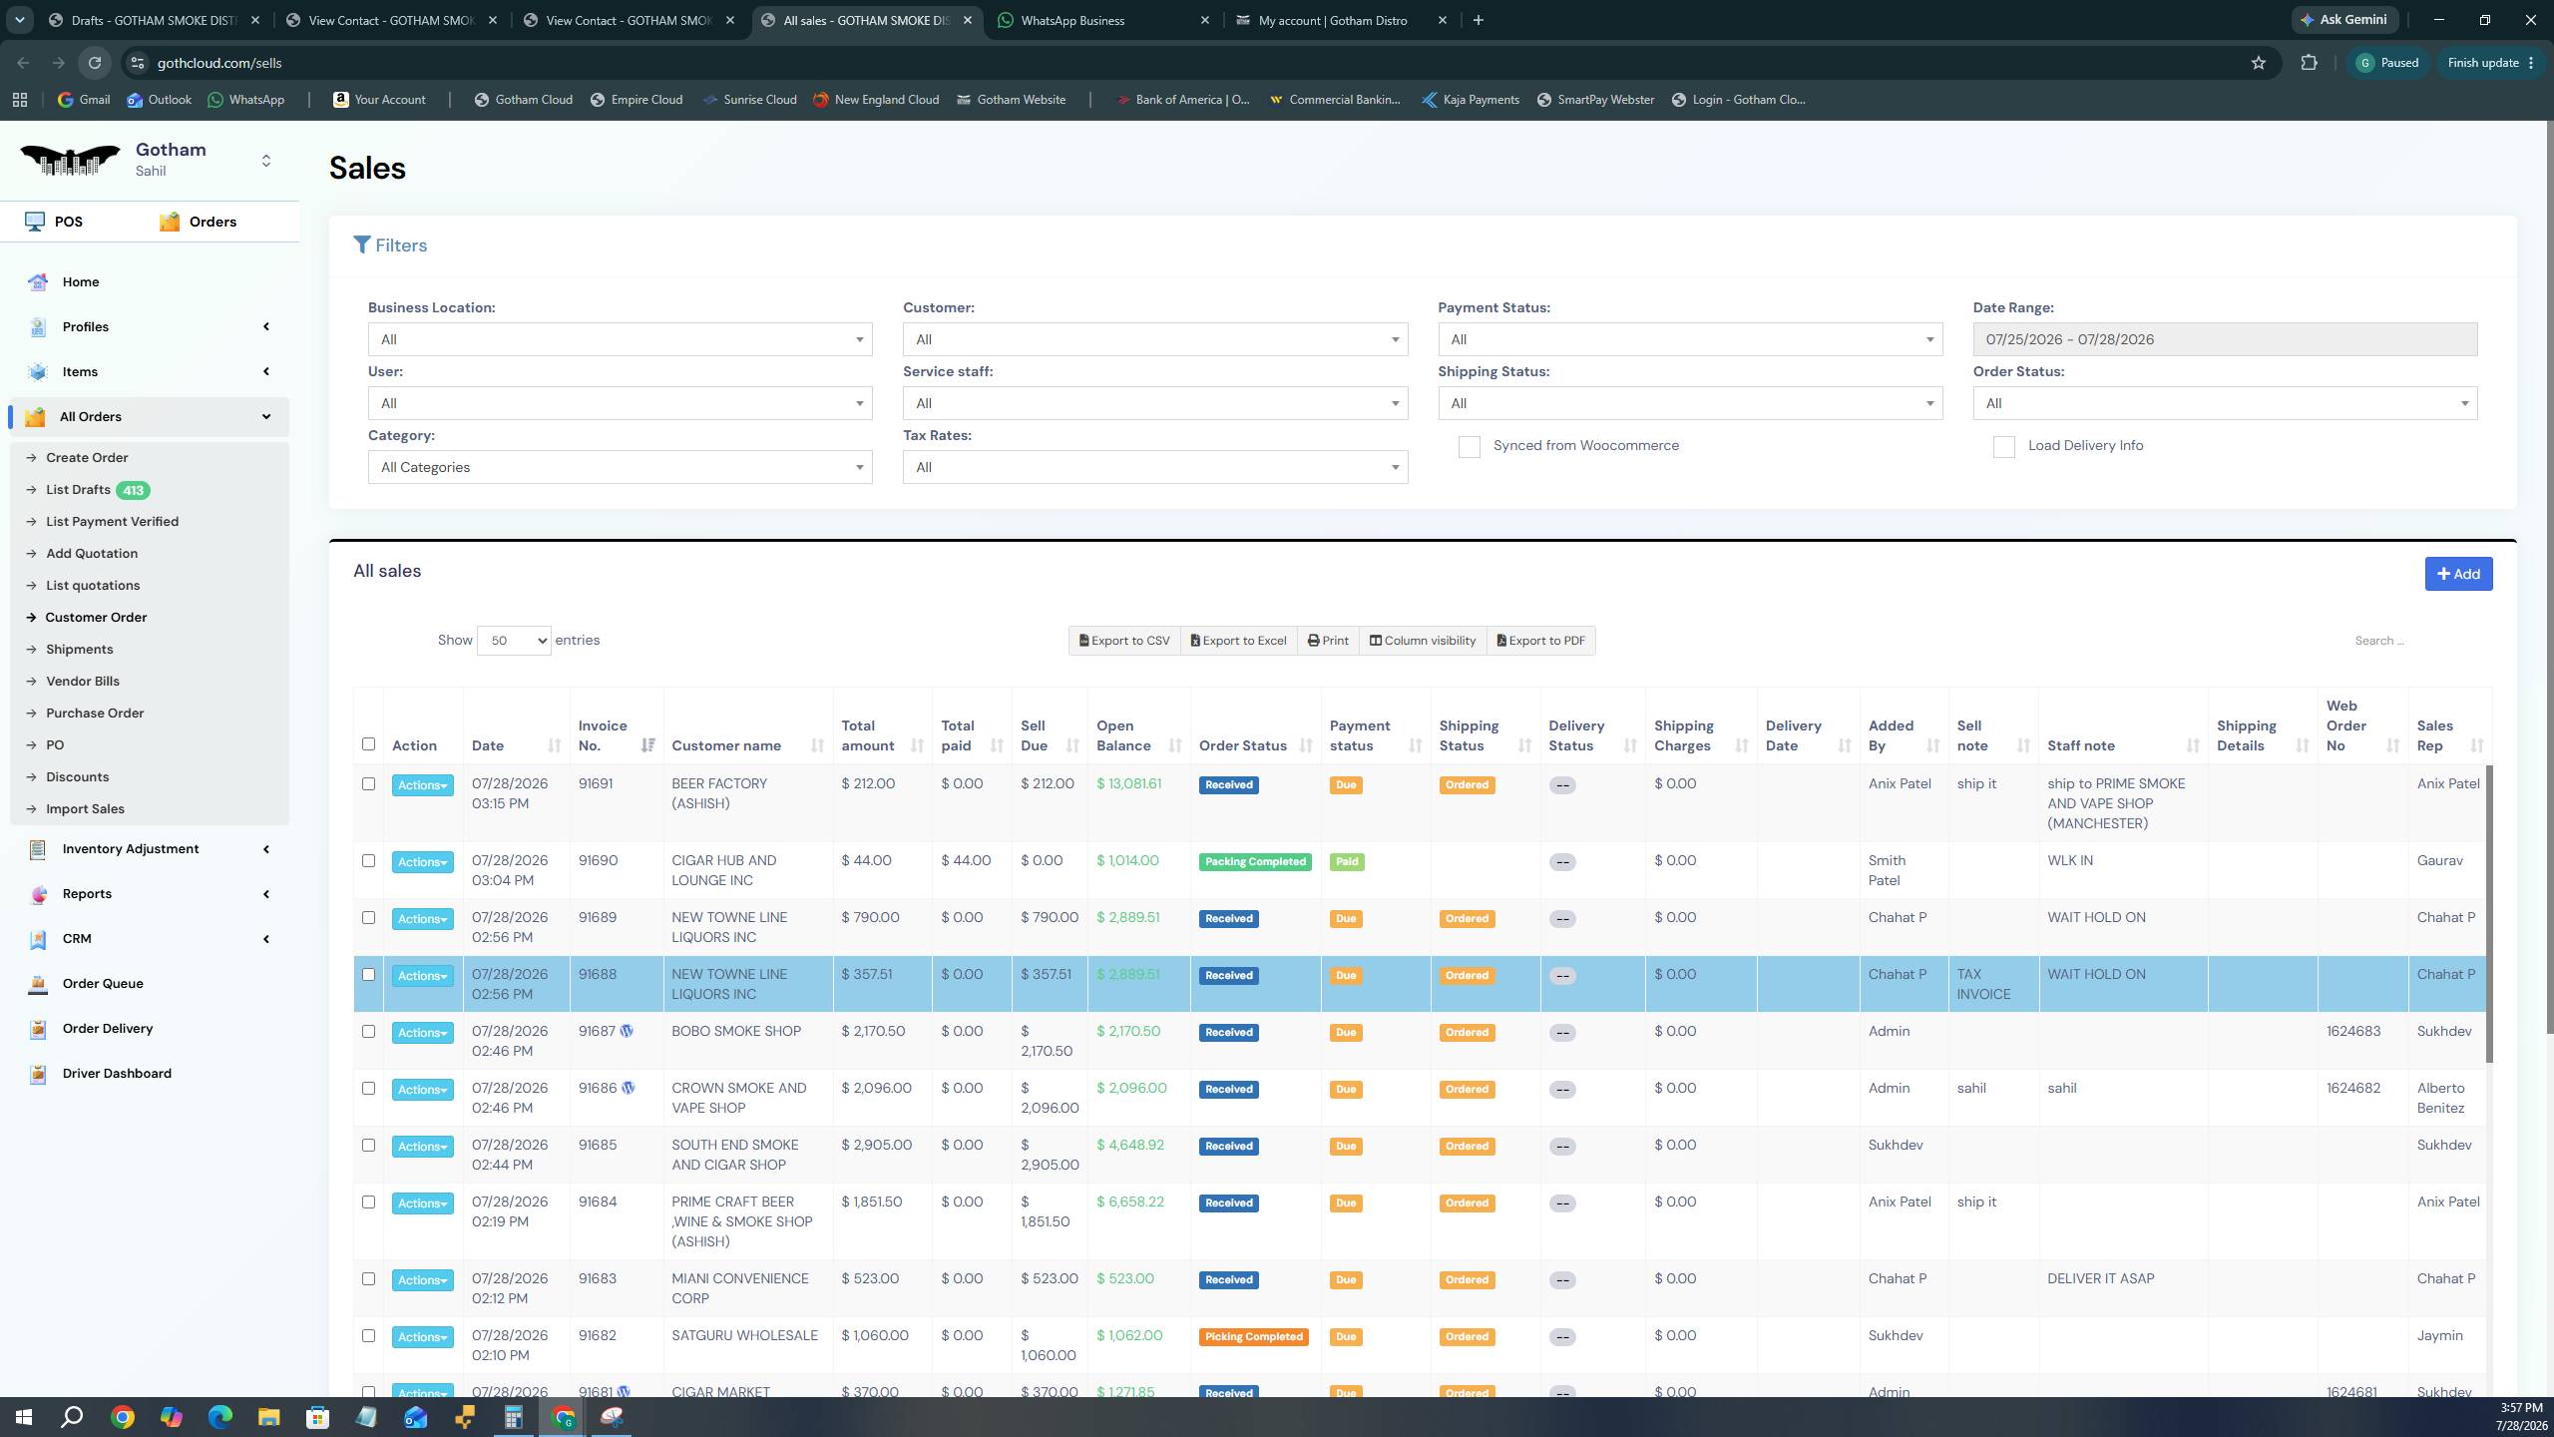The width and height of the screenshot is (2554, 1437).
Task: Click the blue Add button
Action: pos(2458,574)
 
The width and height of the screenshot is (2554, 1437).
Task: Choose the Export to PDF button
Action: pos(1541,641)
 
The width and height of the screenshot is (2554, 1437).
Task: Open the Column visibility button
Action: pos(1423,641)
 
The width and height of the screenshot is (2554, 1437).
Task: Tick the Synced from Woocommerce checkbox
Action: pos(1469,447)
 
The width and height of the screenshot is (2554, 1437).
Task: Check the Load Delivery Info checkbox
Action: pos(2003,447)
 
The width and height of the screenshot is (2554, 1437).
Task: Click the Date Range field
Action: pos(2225,339)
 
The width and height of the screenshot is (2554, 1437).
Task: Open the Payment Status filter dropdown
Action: pos(1690,339)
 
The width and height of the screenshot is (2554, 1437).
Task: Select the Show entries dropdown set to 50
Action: pos(514,641)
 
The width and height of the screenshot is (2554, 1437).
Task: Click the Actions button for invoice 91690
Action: pos(422,862)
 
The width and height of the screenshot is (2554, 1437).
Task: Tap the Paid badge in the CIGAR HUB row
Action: pos(1347,862)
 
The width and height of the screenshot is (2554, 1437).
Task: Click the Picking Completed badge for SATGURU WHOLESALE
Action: pos(1253,1337)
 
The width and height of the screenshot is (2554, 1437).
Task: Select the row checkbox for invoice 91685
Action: pos(368,1146)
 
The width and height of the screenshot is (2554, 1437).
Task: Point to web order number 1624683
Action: pos(2353,1032)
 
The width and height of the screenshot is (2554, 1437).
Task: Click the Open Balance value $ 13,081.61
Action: pos(1128,784)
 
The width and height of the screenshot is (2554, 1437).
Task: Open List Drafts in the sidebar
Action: pos(78,490)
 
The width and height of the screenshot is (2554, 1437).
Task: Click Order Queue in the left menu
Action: pos(103,984)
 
